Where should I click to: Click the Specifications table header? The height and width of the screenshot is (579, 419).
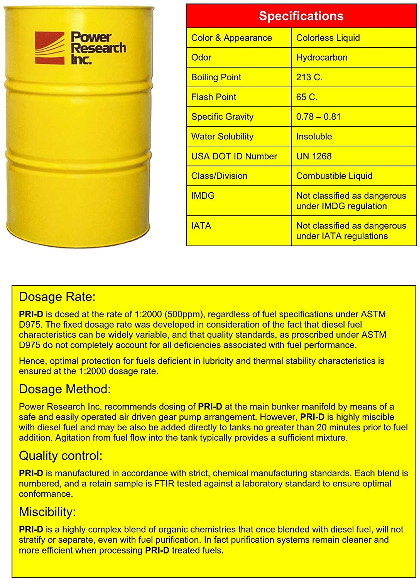[301, 16]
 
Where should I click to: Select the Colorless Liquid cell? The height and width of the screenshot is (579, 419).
[328, 38]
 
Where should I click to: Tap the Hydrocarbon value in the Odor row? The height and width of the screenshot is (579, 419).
[322, 58]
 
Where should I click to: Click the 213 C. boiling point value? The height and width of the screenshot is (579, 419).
[309, 77]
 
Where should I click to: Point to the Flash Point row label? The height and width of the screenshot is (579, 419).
[214, 97]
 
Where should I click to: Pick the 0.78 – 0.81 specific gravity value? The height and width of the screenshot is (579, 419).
[318, 117]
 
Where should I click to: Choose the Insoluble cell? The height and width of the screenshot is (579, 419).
[314, 136]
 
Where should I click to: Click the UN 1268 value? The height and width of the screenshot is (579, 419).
[314, 156]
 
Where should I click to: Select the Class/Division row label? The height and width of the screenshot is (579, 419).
[219, 176]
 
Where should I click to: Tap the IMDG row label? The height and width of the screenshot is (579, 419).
[203, 196]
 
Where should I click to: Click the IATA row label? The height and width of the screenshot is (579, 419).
[201, 226]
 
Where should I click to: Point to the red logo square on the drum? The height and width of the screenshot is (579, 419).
[50, 48]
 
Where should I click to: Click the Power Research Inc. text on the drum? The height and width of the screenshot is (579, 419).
[98, 48]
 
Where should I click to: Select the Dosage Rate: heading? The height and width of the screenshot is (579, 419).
[57, 297]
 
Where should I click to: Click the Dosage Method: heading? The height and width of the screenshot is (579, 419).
[65, 389]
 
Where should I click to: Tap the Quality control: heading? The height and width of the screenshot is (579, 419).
[61, 456]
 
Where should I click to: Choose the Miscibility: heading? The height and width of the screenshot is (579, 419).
[47, 512]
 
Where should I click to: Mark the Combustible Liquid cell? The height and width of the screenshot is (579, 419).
[334, 176]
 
